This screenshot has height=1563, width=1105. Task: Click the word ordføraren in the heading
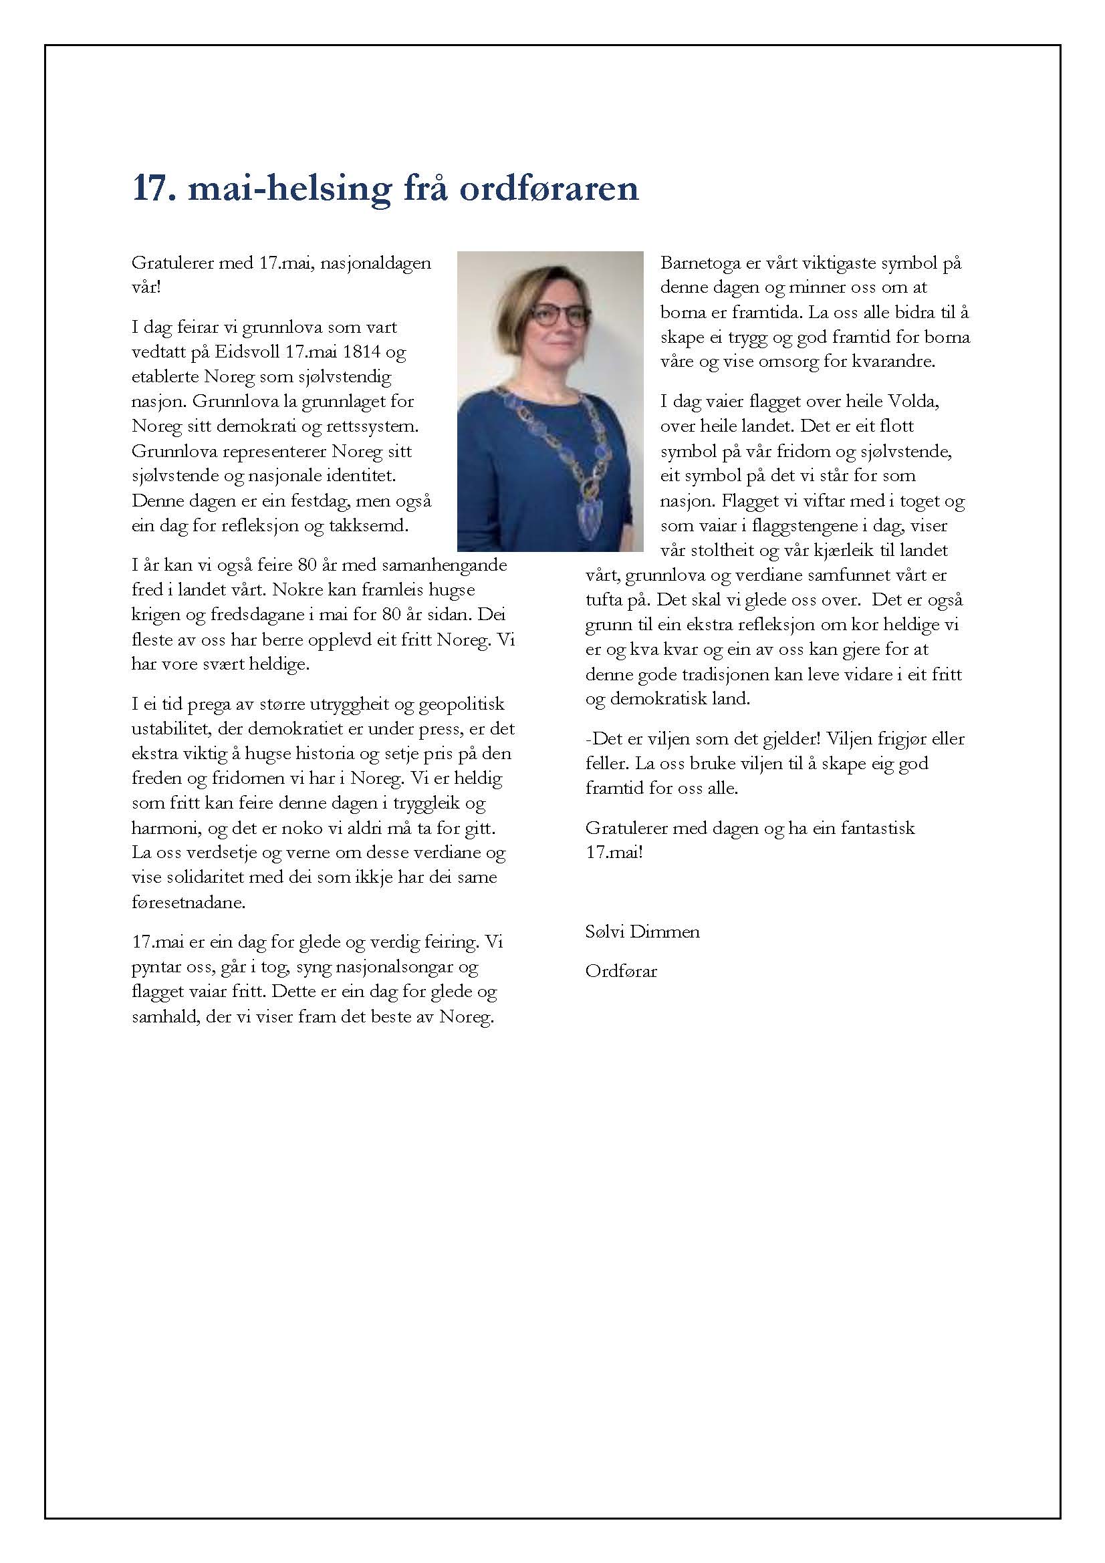549,188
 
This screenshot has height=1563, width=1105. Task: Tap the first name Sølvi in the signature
604,932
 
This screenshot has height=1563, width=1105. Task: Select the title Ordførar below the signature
621,972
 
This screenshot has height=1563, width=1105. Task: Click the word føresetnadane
188,902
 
